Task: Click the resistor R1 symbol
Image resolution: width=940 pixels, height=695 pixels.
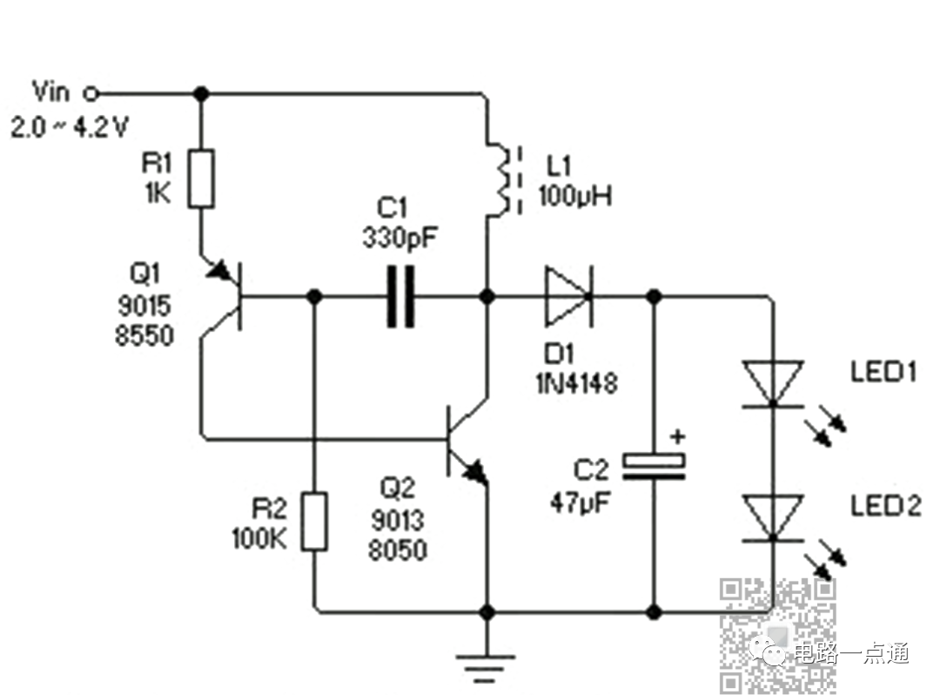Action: click(x=201, y=179)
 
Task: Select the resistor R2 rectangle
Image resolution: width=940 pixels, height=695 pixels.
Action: click(x=314, y=522)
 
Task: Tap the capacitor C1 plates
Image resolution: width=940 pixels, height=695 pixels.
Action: click(x=400, y=296)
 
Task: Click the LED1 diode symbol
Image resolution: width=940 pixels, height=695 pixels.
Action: click(x=773, y=384)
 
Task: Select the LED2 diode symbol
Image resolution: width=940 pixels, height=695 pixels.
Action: click(x=773, y=519)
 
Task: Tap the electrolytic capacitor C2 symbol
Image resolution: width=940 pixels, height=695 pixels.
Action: click(x=654, y=467)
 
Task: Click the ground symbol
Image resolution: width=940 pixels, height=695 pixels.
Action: click(x=487, y=667)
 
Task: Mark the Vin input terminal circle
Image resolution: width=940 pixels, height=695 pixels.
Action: click(x=91, y=93)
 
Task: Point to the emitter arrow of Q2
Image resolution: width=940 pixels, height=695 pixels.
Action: click(x=475, y=469)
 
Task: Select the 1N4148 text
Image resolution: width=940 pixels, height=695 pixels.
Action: click(x=577, y=383)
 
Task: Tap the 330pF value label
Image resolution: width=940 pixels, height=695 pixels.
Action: click(x=399, y=238)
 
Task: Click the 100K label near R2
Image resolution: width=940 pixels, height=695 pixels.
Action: click(x=259, y=538)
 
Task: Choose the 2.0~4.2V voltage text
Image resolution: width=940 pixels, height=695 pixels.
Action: click(x=70, y=127)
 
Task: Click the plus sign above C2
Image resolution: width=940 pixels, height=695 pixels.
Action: click(x=677, y=436)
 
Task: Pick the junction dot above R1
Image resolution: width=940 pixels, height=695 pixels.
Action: click(x=201, y=93)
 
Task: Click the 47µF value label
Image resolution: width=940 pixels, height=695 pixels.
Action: click(x=580, y=503)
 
